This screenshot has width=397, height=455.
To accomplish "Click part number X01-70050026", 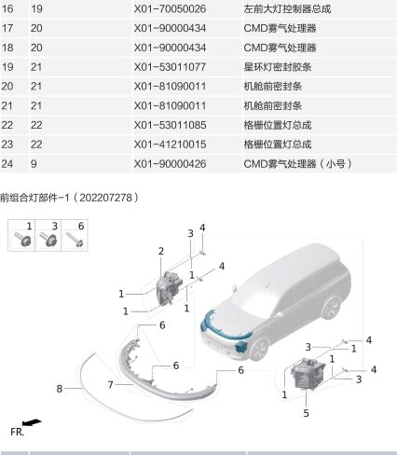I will click(172, 9).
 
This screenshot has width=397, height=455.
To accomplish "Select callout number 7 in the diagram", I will click(109, 384).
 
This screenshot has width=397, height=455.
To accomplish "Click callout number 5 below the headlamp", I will click(305, 412).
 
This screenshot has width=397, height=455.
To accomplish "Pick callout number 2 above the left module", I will click(160, 252).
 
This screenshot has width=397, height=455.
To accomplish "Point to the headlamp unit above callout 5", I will click(308, 380).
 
